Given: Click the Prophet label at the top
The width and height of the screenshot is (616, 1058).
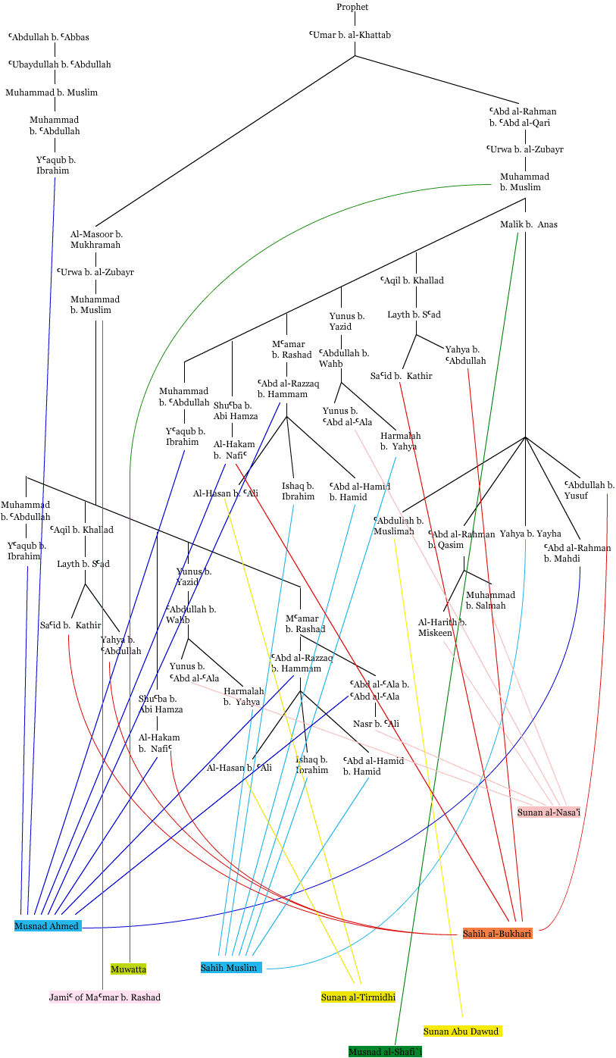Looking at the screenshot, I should click(x=352, y=7).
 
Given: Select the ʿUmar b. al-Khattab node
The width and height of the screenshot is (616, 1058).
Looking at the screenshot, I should click(x=350, y=35).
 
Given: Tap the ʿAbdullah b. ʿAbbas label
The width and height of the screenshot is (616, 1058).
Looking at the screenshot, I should click(x=49, y=36).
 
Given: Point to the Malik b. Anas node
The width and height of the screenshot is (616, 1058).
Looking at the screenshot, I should click(x=528, y=224).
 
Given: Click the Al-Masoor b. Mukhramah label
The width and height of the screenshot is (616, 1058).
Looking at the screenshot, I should click(x=96, y=239).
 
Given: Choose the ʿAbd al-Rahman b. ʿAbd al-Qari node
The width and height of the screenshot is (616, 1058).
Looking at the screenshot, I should click(x=522, y=117).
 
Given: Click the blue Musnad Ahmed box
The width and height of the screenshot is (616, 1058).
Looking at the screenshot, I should click(x=47, y=925).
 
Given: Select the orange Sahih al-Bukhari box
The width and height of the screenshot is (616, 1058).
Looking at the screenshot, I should click(x=497, y=933).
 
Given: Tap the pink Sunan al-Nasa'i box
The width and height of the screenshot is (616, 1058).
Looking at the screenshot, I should click(x=549, y=812).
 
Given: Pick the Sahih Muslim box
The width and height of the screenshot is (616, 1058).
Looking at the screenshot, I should click(x=230, y=967).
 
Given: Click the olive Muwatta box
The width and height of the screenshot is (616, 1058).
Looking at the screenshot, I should click(x=128, y=969).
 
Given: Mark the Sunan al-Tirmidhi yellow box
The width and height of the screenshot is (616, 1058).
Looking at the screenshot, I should click(x=358, y=997).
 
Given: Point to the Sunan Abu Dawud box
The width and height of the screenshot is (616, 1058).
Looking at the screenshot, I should click(x=462, y=1031).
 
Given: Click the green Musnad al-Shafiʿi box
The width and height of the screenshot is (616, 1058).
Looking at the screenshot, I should click(x=385, y=1051).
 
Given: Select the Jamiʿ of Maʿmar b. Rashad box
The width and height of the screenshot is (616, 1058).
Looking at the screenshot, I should click(x=105, y=997).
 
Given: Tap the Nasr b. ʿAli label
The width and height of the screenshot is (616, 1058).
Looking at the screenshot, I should click(x=376, y=724).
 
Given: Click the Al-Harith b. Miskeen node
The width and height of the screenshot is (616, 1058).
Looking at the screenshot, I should click(x=442, y=628).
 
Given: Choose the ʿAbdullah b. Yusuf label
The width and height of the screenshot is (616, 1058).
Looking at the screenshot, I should click(x=589, y=490).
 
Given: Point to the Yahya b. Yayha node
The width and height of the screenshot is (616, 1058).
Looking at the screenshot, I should click(x=526, y=534).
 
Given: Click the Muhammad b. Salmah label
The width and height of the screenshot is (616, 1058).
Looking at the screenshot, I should click(x=490, y=600).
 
